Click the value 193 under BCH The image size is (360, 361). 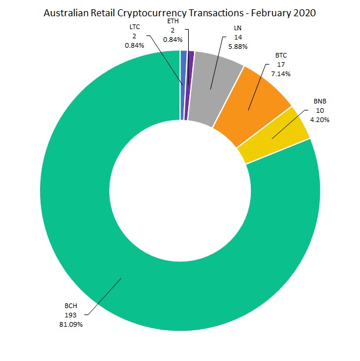[x=70, y=314]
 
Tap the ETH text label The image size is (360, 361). [x=173, y=22]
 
